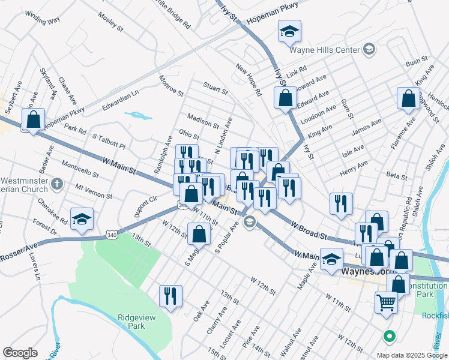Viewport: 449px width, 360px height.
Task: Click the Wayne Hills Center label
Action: click(x=324, y=50)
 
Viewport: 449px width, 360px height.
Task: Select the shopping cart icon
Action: click(x=386, y=302)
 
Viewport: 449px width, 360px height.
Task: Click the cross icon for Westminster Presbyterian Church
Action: click(x=57, y=184)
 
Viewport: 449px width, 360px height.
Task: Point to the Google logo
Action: click(x=20, y=353)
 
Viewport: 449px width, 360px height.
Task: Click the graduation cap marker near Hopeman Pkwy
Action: click(x=289, y=32)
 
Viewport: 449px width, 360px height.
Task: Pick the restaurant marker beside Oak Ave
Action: click(x=170, y=296)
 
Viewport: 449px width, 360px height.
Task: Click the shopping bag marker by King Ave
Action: click(x=408, y=100)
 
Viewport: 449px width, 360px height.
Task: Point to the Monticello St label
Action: click(x=79, y=168)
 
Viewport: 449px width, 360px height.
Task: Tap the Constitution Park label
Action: click(x=427, y=291)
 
